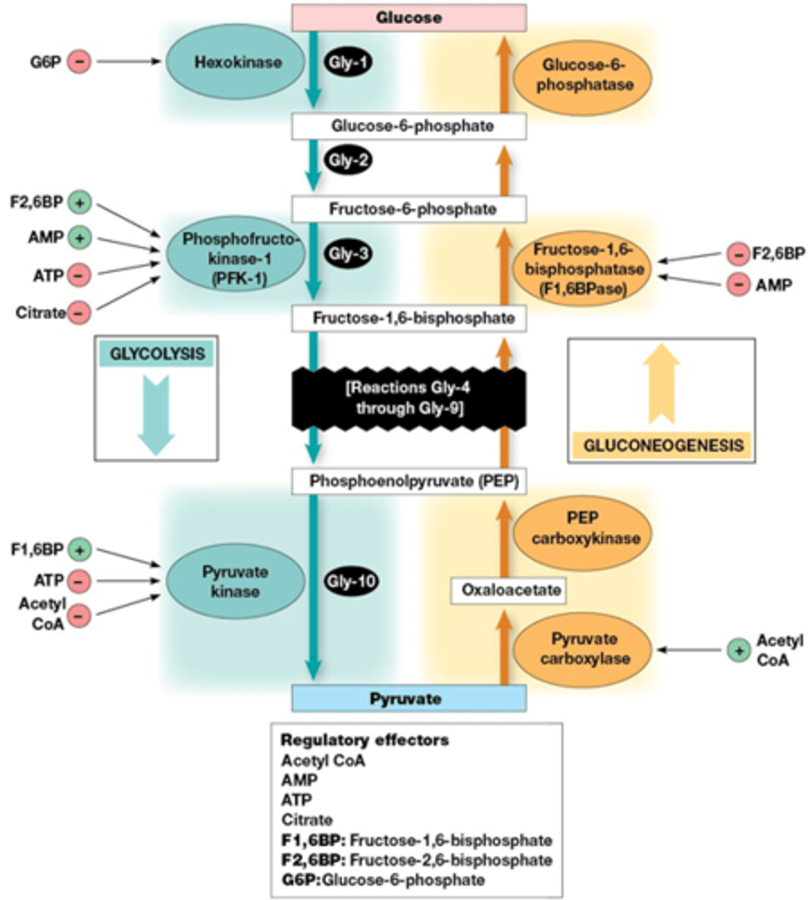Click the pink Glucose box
[409, 17]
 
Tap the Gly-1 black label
[349, 62]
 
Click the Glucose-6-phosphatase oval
[583, 75]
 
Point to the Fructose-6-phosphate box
[409, 209]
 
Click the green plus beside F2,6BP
[79, 202]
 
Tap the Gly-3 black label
[349, 254]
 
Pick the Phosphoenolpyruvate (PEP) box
[409, 481]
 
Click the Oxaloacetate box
[508, 590]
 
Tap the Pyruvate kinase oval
[235, 581]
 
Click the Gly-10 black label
[350, 581]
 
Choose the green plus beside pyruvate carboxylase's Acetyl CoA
[739, 650]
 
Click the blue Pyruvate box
[409, 698]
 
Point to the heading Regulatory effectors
[364, 740]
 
